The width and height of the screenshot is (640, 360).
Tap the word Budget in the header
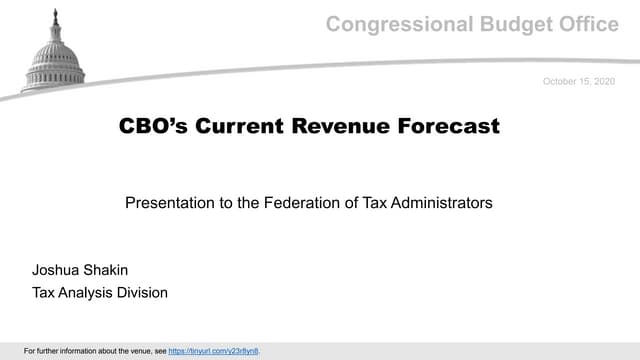click(515, 24)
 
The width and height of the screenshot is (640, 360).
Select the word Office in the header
click(590, 24)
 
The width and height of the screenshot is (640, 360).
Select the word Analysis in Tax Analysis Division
click(92, 293)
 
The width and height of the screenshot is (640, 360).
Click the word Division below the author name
click(145, 293)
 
